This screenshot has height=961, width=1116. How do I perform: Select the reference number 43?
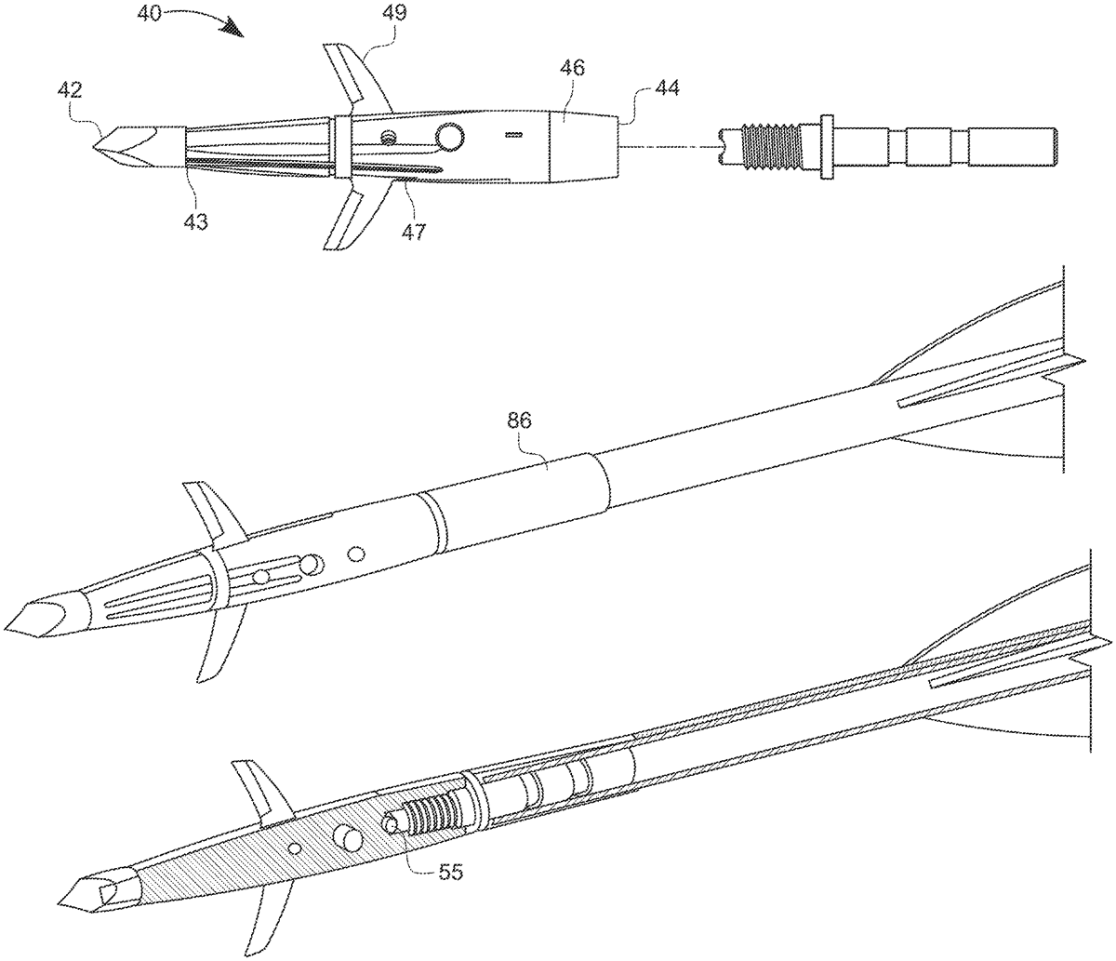click(x=195, y=221)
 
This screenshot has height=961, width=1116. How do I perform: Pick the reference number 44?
click(x=668, y=88)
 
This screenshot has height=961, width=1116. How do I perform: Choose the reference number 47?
click(x=415, y=230)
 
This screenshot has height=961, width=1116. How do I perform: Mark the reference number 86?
click(x=519, y=420)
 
